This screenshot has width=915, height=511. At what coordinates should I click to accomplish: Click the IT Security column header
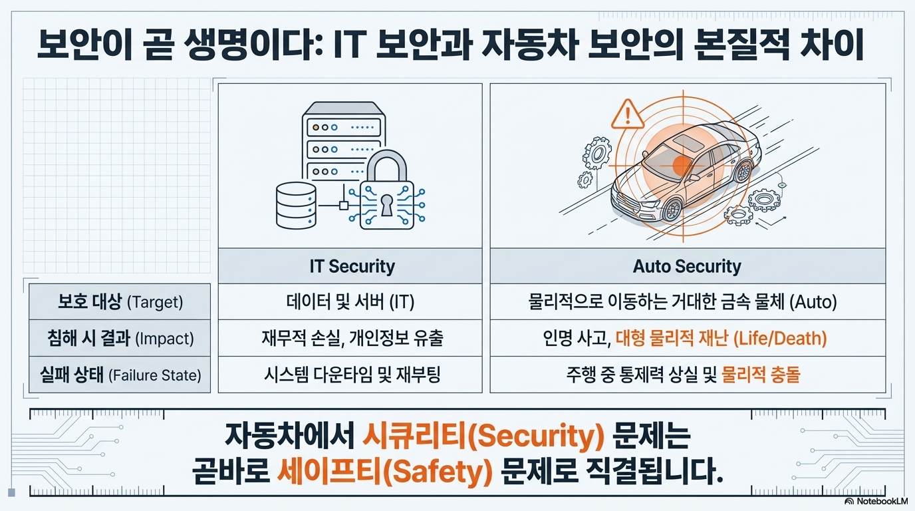(352, 266)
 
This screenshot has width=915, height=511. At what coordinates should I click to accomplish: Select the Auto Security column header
(687, 266)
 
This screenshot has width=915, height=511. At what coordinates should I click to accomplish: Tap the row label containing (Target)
(120, 302)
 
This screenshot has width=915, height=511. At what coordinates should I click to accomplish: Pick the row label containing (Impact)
(120, 339)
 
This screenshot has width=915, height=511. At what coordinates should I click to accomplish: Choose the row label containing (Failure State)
(120, 375)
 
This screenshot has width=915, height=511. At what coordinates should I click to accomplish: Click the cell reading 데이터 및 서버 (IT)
(350, 302)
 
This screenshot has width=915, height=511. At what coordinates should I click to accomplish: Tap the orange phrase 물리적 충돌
(761, 375)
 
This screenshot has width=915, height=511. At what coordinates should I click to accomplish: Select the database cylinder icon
(296, 206)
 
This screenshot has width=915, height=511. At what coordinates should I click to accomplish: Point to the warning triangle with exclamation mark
(628, 114)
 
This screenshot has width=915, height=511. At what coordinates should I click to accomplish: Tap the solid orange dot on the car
(682, 165)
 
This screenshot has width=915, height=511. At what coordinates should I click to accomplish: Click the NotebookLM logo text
(878, 501)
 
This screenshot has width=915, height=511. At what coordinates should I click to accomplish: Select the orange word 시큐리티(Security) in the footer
(483, 436)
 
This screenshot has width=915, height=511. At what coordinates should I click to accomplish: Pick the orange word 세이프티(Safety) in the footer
(384, 472)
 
